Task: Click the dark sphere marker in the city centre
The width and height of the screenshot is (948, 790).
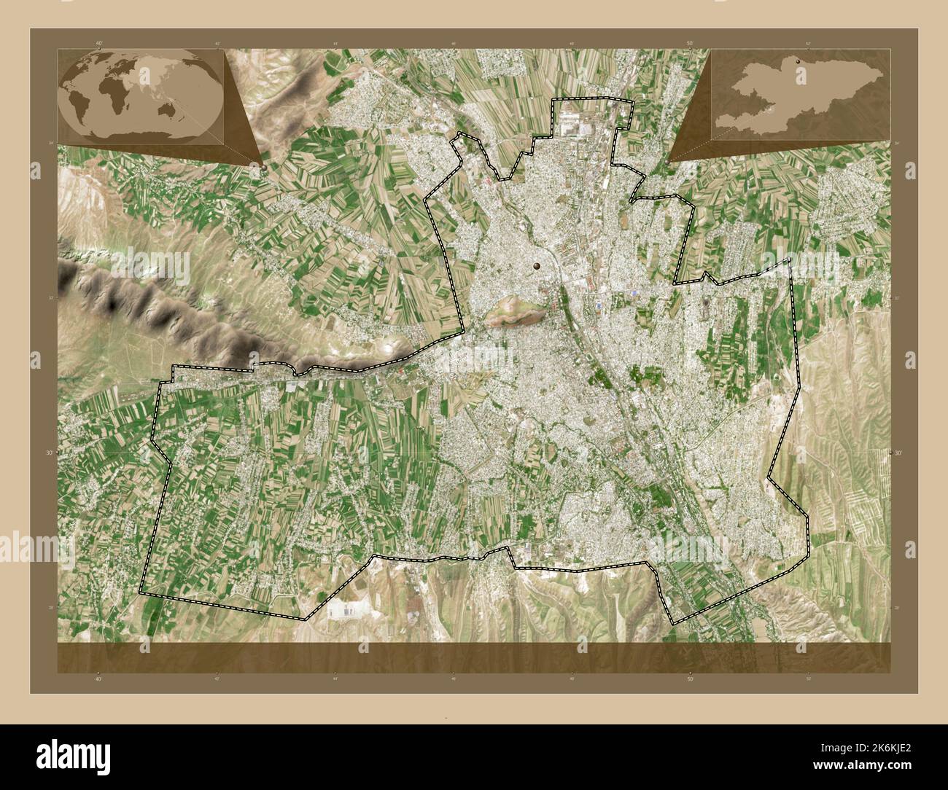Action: coord(537,267)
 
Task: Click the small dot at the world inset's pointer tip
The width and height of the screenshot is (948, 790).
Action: coord(263,165)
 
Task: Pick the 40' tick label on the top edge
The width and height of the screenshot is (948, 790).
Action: coord(98,43)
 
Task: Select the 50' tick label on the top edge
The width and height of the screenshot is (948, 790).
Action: coord(690,43)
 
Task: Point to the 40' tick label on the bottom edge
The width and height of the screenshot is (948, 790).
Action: coord(98,678)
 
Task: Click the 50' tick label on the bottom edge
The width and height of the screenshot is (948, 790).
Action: coord(690,678)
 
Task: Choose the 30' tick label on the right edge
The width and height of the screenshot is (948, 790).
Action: coord(898,452)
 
